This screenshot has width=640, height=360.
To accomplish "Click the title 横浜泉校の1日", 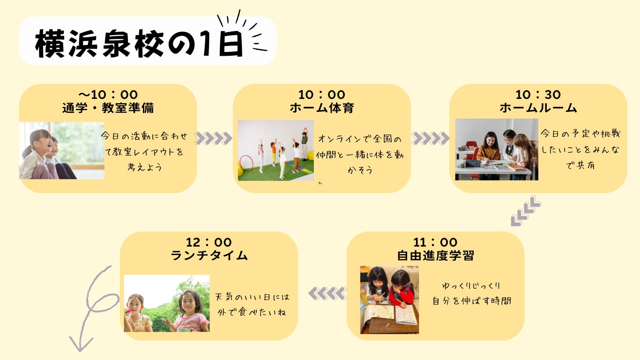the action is pos(139,44).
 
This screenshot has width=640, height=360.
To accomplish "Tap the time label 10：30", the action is pos(538,95).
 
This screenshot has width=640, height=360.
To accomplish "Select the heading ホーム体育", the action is pos(322,108).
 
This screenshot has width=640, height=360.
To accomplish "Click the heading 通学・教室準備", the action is pos(108,108).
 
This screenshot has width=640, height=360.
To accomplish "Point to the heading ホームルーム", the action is pos(538,108).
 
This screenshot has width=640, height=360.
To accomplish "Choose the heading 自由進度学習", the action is pos(435,255).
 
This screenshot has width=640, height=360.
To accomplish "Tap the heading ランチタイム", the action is pos(209,255).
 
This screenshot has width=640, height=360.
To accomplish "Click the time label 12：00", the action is pos(209,242).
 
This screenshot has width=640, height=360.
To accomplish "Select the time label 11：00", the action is pos(435,242).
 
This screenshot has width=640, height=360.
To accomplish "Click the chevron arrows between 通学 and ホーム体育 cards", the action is pos(214,138).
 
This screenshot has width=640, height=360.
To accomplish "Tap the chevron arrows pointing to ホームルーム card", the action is pos(430,138).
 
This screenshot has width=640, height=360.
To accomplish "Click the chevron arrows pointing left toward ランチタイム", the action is pos(327,293).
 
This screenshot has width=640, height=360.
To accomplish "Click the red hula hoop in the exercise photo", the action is pos(246,163).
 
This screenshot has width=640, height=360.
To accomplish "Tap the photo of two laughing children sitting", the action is pos(62,150).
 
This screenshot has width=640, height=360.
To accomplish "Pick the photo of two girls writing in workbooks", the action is pos(389,300).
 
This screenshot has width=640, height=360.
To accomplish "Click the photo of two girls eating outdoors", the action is pos(167,303).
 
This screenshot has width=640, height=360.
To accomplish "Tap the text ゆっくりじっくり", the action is pos(471,285).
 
